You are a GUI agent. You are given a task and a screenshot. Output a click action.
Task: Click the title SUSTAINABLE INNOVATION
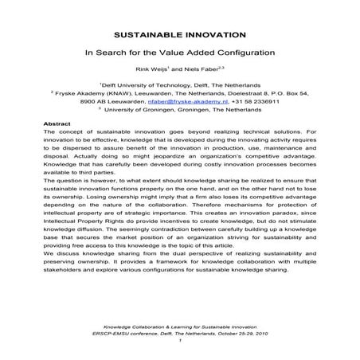[179, 36]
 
